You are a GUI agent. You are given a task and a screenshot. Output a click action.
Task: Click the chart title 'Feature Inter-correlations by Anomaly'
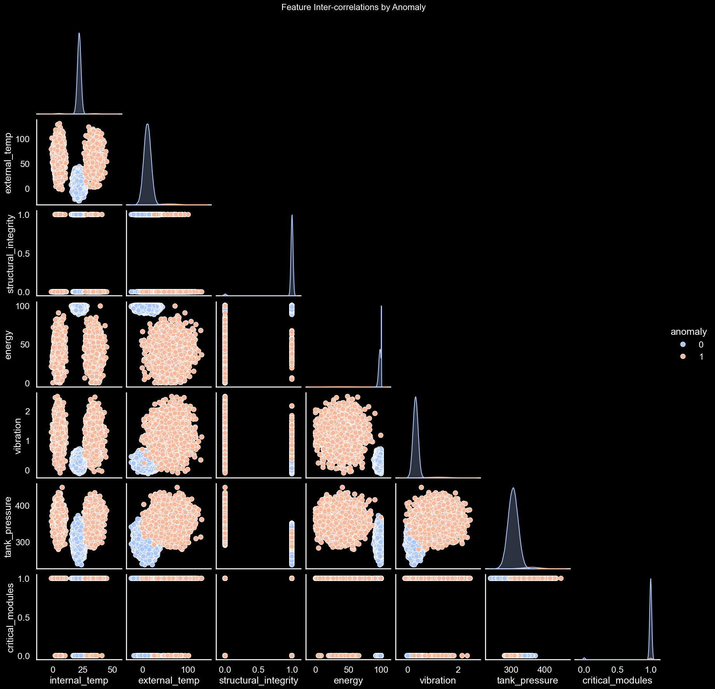(x=353, y=7)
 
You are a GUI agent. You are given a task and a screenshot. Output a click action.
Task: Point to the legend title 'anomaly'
(x=689, y=332)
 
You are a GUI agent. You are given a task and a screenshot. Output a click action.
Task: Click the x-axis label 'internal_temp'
(x=79, y=680)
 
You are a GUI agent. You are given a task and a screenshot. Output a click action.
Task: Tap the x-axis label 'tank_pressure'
(x=527, y=680)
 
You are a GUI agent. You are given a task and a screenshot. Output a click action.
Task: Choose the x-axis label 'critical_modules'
(x=617, y=680)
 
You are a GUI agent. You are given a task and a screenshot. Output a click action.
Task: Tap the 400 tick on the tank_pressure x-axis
(x=545, y=670)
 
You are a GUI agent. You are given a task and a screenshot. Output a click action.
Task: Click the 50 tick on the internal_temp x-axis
(x=112, y=670)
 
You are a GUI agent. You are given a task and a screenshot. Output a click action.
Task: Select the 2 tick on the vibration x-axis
(x=458, y=670)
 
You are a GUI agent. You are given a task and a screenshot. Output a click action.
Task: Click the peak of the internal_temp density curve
(x=79, y=33)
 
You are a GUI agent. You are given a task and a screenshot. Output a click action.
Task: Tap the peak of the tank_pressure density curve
(x=513, y=488)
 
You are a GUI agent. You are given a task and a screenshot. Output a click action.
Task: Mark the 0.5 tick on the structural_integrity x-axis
(x=258, y=670)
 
